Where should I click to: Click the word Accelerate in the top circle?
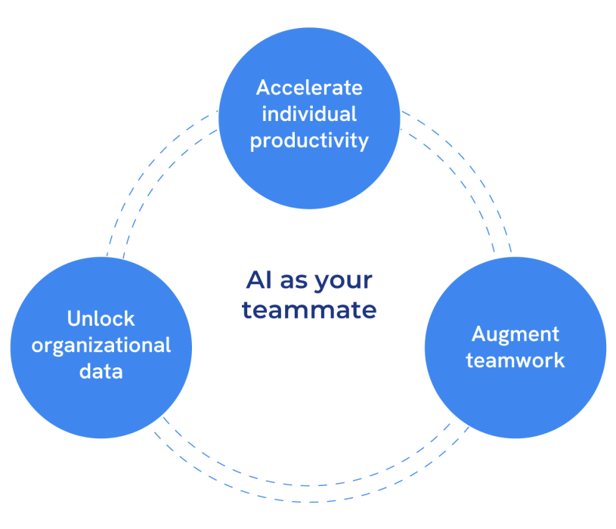coord(309,88)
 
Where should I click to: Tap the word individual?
coord(309,114)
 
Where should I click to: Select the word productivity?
coord(309,141)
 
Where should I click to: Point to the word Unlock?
coord(101,319)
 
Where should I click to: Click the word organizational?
coord(101,345)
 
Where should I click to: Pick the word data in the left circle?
coord(101,372)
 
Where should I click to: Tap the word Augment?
coord(515,334)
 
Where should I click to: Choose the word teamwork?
coord(515,360)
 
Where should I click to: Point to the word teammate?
coord(309,310)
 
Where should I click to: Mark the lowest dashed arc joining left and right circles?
coord(309,502)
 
